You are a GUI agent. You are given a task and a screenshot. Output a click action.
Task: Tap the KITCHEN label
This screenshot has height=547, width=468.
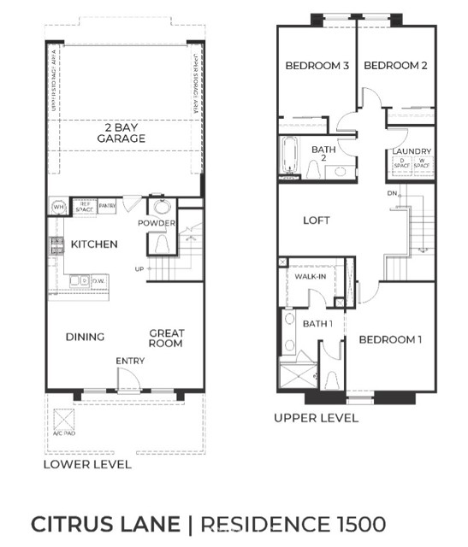tap(94, 244)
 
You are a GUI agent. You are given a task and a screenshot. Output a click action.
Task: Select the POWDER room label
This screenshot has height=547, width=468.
tap(158, 224)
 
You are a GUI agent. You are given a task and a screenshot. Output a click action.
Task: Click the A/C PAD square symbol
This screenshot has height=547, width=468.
tap(64, 421)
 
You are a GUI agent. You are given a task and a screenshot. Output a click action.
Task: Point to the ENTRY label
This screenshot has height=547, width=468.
tap(130, 361)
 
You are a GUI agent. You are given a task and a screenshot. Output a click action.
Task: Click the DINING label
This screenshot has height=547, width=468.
tap(85, 337)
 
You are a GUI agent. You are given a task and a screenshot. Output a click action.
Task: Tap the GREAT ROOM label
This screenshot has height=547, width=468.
tap(167, 338)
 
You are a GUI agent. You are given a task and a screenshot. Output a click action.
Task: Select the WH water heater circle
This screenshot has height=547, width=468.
tap(59, 207)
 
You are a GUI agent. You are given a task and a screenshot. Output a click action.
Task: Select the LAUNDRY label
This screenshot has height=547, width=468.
tap(412, 152)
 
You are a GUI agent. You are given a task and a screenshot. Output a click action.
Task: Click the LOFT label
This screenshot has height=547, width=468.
tap(317, 221)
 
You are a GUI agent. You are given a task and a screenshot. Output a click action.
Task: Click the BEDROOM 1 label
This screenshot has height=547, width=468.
tap(390, 340)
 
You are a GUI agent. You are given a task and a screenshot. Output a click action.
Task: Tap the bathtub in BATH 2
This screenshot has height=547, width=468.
tap(288, 157)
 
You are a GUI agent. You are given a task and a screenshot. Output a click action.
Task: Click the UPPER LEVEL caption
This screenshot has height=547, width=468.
tap(316, 418)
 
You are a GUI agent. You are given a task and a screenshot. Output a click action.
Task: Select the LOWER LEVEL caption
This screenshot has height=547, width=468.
tap(87, 465)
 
